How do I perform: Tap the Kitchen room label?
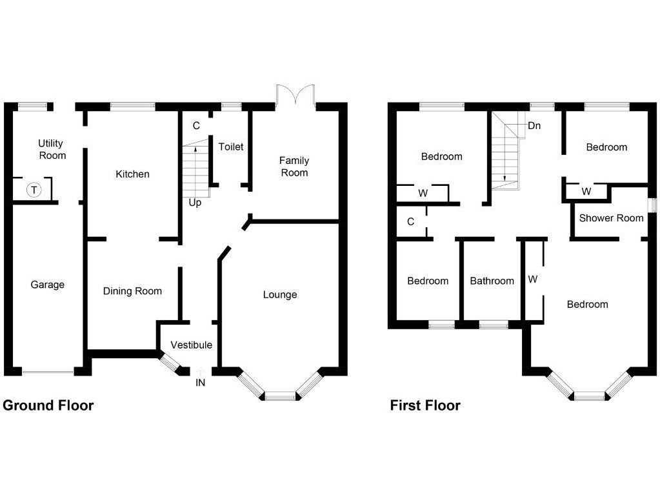pyautogui.click(x=132, y=174)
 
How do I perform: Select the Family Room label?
pyautogui.click(x=294, y=167)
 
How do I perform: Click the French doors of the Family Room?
pyautogui.click(x=294, y=96)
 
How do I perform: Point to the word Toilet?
pyautogui.click(x=231, y=147)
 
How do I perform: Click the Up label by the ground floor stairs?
pyautogui.click(x=195, y=203)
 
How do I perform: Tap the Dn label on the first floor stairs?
pyautogui.click(x=534, y=126)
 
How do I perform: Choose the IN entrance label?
pyautogui.click(x=201, y=382)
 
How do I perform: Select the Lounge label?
pyautogui.click(x=280, y=295)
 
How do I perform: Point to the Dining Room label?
pyautogui.click(x=132, y=291)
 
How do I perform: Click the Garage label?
pyautogui.click(x=48, y=285)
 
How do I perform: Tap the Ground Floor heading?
pyautogui.click(x=48, y=406)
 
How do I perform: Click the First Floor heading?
pyautogui.click(x=425, y=406)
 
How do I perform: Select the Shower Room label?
pyautogui.click(x=611, y=218)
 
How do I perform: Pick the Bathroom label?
pyautogui.click(x=492, y=281)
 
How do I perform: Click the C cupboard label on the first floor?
pyautogui.click(x=410, y=222)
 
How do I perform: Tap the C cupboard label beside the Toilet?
pyautogui.click(x=196, y=126)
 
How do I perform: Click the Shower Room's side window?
pyautogui.click(x=652, y=205)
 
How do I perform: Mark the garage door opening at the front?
pyautogui.click(x=48, y=372)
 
